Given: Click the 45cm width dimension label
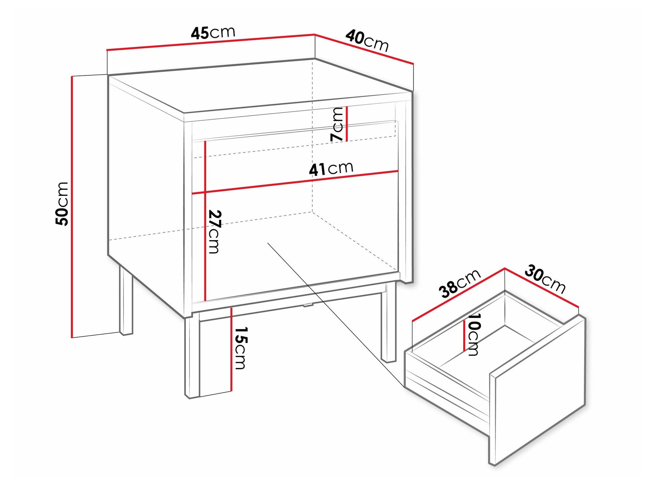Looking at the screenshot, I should coord(213,33).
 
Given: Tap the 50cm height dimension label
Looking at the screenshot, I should coord(62,204).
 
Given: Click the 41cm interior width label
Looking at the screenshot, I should coord(331,169).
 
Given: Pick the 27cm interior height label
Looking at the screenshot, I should coord(215,231).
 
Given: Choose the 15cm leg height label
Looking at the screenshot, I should coord(241,348).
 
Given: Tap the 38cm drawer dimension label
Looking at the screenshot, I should coord(459,283).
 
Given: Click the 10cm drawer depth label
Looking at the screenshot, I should coord(474,334).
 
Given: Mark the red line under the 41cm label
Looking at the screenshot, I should coord(295,182).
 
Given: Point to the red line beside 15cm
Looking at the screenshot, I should coord(231,349).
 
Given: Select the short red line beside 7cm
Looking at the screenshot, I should coord(347,124).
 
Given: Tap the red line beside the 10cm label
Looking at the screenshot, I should coord(464,335).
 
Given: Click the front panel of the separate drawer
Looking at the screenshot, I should coord(538,391).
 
